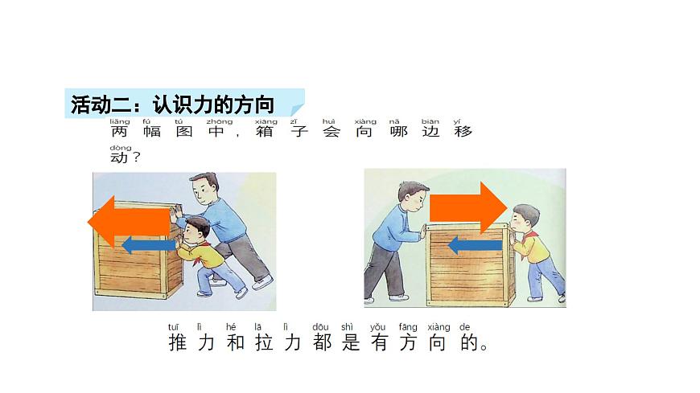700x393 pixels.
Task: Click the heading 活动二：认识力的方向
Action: click(172, 104)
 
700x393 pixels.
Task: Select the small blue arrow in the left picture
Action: click(149, 244)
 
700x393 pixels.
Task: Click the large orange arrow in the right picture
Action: click(467, 207)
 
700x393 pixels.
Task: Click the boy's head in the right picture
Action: click(526, 219)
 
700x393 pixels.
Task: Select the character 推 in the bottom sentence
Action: click(178, 344)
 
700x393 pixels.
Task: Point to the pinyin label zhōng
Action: click(208, 121)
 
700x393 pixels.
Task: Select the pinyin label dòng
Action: click(120, 148)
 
